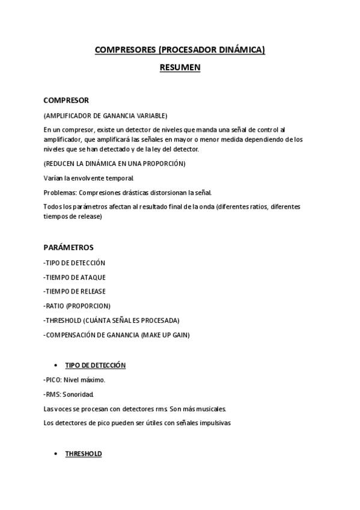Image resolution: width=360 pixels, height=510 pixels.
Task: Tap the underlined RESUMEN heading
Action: pyautogui.click(x=180, y=68)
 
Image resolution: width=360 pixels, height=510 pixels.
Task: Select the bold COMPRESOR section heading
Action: pyautogui.click(x=66, y=100)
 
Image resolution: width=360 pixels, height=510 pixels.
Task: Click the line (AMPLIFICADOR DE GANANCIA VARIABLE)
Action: pyautogui.click(x=105, y=115)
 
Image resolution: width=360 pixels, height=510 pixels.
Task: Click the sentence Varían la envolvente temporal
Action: pyautogui.click(x=89, y=178)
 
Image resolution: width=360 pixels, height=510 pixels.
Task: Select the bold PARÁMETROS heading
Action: pyautogui.click(x=69, y=247)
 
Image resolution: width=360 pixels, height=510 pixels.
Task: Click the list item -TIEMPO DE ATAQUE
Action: pyautogui.click(x=75, y=277)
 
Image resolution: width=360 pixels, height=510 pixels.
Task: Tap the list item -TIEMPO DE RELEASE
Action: pyautogui.click(x=76, y=292)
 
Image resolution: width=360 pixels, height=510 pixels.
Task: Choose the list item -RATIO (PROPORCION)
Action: pyautogui.click(x=77, y=306)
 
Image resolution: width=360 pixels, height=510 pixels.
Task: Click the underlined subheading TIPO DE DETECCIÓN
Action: pyautogui.click(x=95, y=365)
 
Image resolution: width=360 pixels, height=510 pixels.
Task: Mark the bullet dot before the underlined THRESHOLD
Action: pyautogui.click(x=55, y=453)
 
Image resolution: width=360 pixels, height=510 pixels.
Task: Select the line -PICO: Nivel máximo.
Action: pyautogui.click(x=74, y=379)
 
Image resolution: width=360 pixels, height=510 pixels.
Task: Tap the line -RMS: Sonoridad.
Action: pyautogui.click(x=69, y=395)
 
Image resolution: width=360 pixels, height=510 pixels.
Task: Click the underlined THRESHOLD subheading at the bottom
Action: pyautogui.click(x=84, y=453)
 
